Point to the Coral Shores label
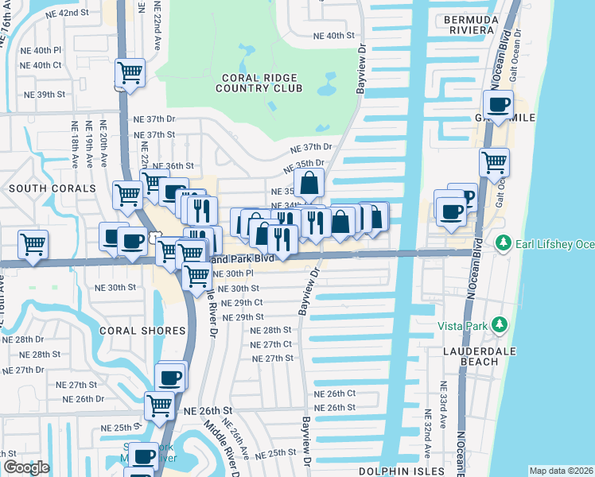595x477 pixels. coord(142,330)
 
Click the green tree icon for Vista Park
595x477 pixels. coord(500,324)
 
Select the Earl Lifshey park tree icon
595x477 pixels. coord(502,242)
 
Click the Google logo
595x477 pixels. coord(26,467)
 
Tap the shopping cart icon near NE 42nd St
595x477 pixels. coord(129,73)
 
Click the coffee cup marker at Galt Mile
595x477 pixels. coord(499,104)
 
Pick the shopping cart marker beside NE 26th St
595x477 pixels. coord(160,405)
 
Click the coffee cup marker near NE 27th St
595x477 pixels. coord(171,377)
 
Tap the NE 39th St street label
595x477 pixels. coord(45,95)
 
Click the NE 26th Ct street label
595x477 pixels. coord(334,394)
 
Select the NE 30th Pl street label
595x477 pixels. coord(233,273)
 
